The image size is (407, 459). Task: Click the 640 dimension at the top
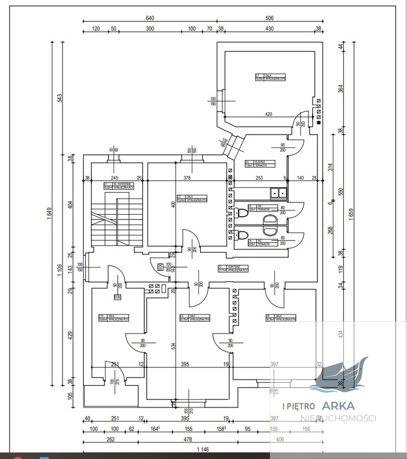pyautogui.click(x=150, y=18)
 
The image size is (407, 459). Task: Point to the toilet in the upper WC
pyautogui.click(x=243, y=213)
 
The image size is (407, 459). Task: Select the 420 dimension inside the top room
pyautogui.click(x=269, y=114)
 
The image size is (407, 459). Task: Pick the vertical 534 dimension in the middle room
pyautogui.click(x=173, y=346)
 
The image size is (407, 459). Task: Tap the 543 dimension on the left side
pyautogui.click(x=60, y=98)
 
